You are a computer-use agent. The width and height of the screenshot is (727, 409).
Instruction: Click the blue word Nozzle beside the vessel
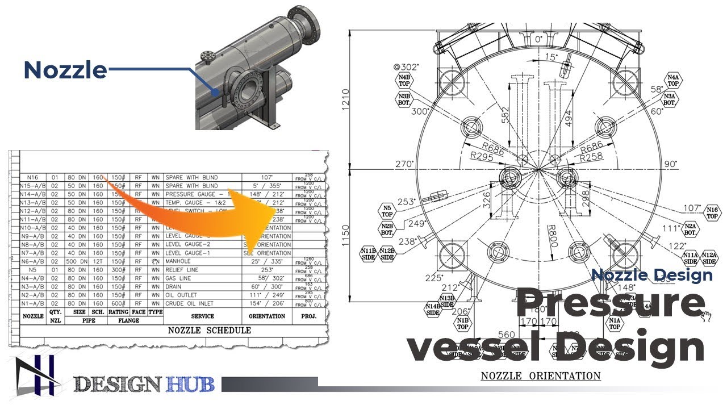[x=65, y=70]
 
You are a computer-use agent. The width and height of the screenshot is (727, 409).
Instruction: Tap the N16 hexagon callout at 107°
[x=713, y=212]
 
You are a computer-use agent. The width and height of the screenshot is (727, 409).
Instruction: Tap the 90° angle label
[x=670, y=164]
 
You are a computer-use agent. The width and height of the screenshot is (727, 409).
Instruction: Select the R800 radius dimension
[x=551, y=235]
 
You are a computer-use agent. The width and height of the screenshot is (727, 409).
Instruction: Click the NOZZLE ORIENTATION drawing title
[x=541, y=376]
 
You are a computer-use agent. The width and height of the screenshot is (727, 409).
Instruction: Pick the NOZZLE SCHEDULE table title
[x=210, y=330]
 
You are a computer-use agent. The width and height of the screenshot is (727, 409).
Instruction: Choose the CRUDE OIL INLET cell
[x=190, y=303]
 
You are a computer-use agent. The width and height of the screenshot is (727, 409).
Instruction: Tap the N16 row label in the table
[x=32, y=177]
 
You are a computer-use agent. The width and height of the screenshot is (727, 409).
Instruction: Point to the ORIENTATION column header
[x=267, y=316]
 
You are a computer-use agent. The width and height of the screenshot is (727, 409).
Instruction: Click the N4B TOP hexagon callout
[x=404, y=80]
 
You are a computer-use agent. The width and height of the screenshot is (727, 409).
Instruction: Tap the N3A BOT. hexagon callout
[x=670, y=99]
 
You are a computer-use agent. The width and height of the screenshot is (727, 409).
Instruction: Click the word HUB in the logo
[x=191, y=385]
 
